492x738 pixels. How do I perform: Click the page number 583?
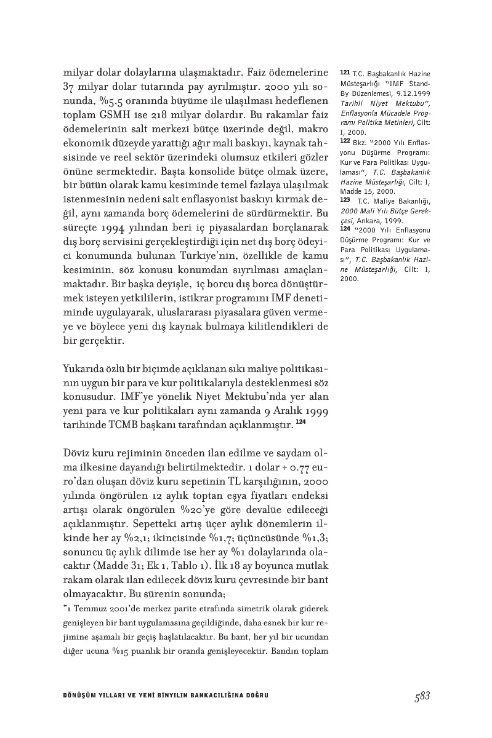[422, 696]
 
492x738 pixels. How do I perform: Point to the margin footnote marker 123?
[344, 200]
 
